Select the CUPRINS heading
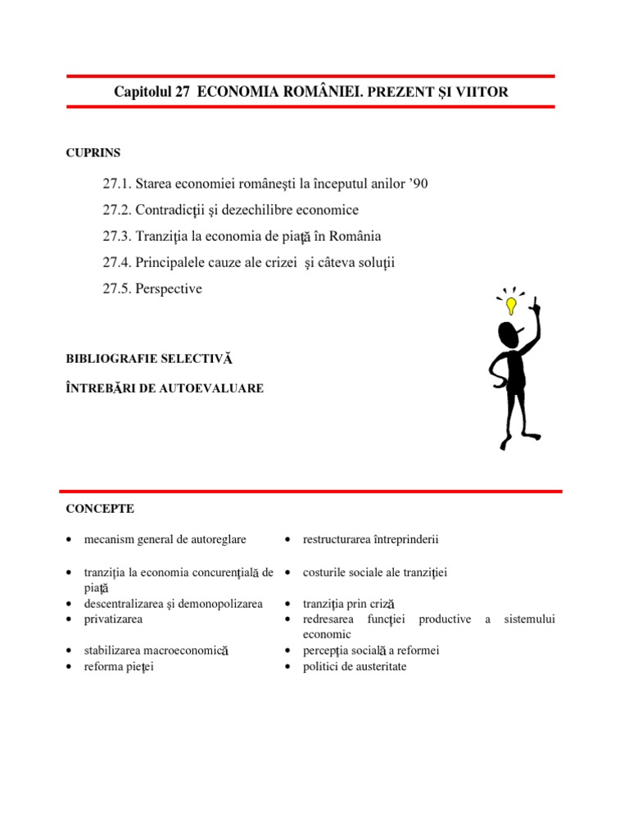(x=93, y=152)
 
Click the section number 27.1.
(x=117, y=184)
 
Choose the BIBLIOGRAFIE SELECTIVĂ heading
(x=149, y=359)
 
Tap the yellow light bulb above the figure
(x=512, y=306)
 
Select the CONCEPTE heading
(x=100, y=509)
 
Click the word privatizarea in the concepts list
(x=113, y=619)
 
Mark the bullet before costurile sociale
(x=288, y=573)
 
